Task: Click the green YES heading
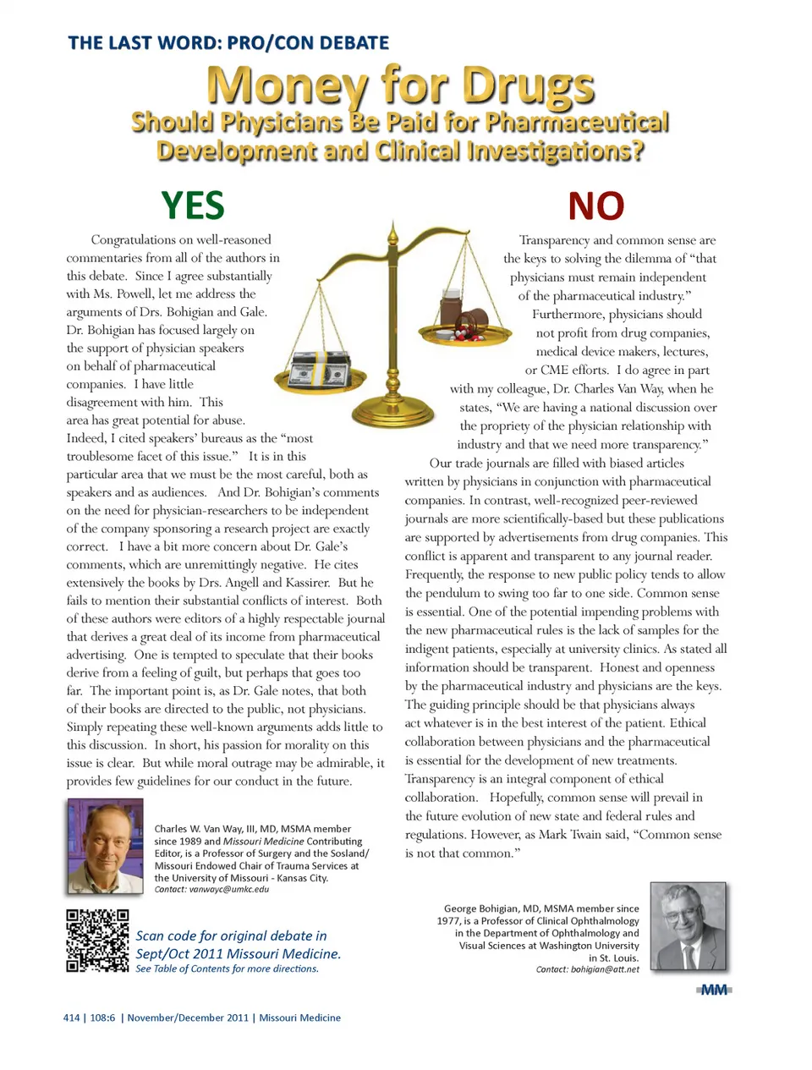(x=193, y=206)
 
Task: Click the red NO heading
(x=595, y=206)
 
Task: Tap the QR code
(x=98, y=941)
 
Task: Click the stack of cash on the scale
(x=321, y=365)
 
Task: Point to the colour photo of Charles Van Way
(x=105, y=846)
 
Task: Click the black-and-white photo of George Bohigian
(x=688, y=925)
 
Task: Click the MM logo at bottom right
(x=714, y=990)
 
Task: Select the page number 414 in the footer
(x=71, y=1018)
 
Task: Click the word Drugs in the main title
(x=529, y=86)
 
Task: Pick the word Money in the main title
(x=287, y=86)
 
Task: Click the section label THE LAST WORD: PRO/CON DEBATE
(x=228, y=42)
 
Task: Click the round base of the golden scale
(x=392, y=415)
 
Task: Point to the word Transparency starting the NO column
(x=554, y=240)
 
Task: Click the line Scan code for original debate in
(x=231, y=936)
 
